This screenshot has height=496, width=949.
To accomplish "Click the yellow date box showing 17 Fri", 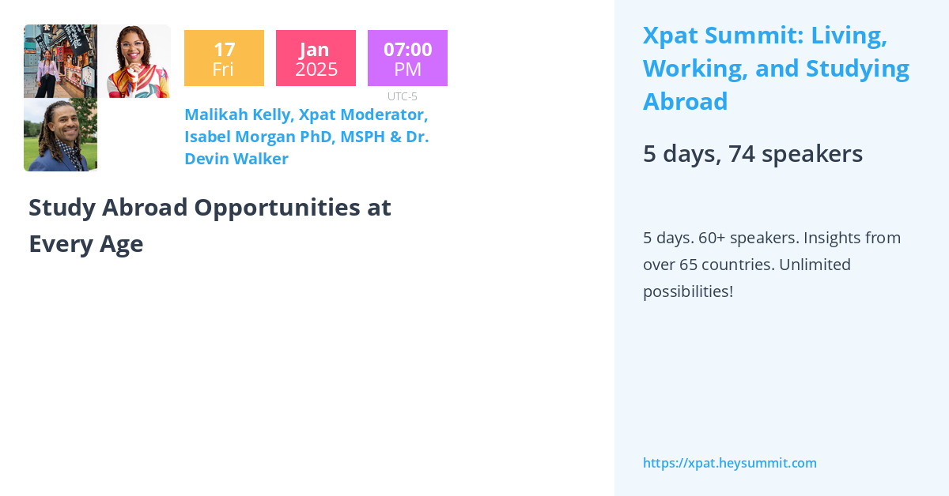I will coord(224,58).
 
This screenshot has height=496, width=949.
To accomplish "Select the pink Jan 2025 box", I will coord(316,58).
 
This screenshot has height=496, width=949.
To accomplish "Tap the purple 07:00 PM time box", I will coord(407,58).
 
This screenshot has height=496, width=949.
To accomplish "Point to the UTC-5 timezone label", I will coord(402,96).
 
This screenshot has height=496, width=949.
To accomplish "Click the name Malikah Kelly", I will coord(238,115).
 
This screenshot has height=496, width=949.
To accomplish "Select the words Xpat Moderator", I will coord(363,115).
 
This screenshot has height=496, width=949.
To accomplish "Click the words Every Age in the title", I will coord(86,244).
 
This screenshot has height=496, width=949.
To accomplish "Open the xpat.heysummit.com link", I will coord(729,463).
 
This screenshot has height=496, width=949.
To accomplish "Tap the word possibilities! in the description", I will coord(687,291).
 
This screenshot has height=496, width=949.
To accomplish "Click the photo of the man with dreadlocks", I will coord(60,135).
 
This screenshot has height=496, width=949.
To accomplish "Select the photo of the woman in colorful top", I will coord(134,62).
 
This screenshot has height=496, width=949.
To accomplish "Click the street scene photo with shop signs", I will coord(60,62).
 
